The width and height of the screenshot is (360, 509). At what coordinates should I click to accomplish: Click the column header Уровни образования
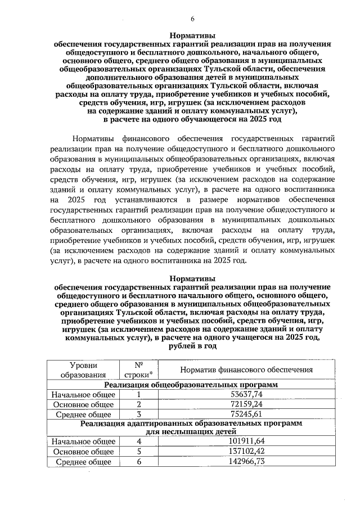tap(83, 370)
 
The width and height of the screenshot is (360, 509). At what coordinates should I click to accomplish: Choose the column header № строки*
tap(138, 370)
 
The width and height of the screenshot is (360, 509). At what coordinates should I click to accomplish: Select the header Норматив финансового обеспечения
tap(246, 370)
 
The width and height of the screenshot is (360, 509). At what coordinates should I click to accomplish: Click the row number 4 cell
tap(138, 442)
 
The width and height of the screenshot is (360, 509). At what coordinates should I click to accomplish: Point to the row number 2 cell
tap(138, 404)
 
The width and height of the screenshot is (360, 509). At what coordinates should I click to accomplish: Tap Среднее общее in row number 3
tap(83, 415)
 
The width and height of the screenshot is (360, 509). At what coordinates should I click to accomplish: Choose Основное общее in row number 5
tap(83, 452)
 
